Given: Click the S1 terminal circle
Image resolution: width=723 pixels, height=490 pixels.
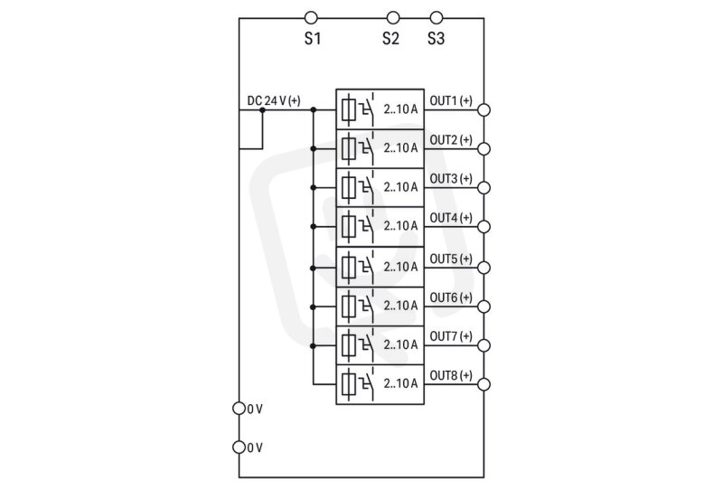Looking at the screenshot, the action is tap(311, 18).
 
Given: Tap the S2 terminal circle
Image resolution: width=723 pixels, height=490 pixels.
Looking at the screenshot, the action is tap(393, 18).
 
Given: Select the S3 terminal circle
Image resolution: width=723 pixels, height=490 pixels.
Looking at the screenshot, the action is tap(437, 18).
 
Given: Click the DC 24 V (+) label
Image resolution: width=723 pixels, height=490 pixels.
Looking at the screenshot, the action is tap(274, 100).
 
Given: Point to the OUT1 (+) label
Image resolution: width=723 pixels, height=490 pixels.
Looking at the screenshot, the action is tap(451, 100).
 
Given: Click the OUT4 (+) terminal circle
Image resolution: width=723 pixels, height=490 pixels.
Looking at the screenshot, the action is tap(484, 227).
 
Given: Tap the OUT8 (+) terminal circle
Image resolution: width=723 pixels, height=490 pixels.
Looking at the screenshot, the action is tap(484, 384).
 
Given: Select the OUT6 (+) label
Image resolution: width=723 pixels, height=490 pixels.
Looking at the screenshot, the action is tap(451, 297).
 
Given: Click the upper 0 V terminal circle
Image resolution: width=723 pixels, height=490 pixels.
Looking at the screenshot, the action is tap(239, 409).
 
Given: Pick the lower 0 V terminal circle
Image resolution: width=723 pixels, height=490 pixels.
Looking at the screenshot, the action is tap(239, 448).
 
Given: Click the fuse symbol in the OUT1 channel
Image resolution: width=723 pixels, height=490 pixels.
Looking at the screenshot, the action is tap(349, 109).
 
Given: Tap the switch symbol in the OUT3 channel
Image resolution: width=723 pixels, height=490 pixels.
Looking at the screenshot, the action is tap(367, 186).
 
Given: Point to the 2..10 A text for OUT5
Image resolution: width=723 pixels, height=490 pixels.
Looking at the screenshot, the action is tap(400, 267).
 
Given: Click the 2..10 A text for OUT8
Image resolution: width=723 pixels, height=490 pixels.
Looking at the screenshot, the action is tap(400, 383).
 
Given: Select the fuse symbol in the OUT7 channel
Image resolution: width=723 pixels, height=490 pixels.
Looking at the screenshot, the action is tap(349, 344).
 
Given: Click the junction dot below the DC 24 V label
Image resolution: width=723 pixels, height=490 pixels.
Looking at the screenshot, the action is tap(262, 109).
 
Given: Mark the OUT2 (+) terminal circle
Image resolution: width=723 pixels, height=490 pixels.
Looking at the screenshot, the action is tap(484, 148).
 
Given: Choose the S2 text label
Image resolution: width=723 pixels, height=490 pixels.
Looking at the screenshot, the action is tap(390, 38).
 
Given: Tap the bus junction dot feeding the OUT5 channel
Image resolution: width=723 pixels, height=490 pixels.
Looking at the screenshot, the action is tap(313, 268).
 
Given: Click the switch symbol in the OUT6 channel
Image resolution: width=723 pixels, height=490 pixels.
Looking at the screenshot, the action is tap(367, 305).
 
